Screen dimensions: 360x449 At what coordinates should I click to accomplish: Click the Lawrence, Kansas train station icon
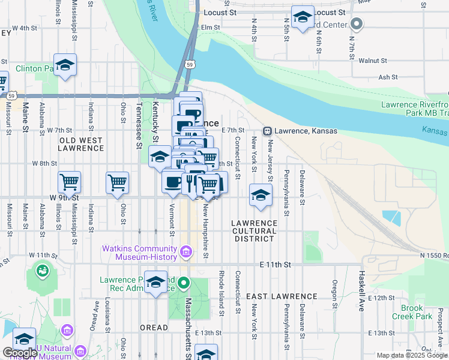click(267, 131)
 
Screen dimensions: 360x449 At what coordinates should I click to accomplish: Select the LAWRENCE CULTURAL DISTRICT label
click(255, 230)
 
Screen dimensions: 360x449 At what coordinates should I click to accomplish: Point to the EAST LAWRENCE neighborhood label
click(282, 296)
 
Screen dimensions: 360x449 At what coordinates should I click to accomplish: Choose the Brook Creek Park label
click(412, 311)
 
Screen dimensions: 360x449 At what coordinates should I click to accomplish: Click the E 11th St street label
click(275, 264)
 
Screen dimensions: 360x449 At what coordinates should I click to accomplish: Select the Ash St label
click(388, 77)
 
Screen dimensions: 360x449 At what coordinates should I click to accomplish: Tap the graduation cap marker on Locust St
click(303, 16)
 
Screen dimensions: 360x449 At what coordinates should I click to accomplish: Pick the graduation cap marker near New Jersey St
click(261, 195)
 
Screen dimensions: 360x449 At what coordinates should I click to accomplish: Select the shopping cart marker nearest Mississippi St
click(70, 181)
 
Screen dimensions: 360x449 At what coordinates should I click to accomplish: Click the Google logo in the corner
click(19, 353)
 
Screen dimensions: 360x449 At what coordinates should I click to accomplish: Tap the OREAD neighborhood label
click(154, 328)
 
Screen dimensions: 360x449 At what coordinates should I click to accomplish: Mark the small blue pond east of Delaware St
click(391, 216)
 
